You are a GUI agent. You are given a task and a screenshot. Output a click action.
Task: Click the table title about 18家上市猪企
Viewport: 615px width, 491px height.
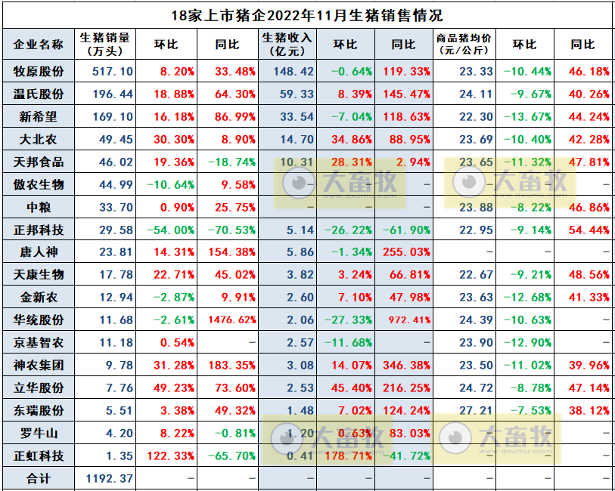point(306,14)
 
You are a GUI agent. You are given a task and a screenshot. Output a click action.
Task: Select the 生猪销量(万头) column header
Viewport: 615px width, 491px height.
point(105,45)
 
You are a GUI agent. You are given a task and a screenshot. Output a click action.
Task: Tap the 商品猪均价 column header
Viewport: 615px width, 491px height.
point(465,45)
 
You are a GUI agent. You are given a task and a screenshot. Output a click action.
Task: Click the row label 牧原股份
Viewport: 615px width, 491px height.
point(39,72)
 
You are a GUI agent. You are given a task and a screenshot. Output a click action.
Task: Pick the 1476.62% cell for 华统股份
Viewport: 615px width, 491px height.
point(228,320)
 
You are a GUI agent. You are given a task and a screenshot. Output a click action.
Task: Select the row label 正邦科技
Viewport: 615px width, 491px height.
point(39,230)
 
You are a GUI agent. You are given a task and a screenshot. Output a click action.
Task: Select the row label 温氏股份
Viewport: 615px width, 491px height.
point(39,94)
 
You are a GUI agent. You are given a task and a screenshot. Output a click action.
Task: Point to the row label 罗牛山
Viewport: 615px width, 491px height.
point(39,433)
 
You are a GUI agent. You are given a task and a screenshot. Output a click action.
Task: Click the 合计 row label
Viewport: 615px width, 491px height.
point(39,478)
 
